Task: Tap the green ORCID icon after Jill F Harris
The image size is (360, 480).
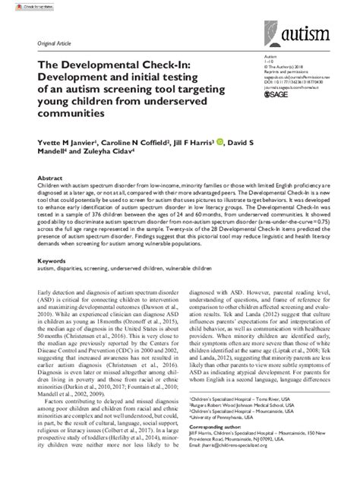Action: click(x=220, y=141)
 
